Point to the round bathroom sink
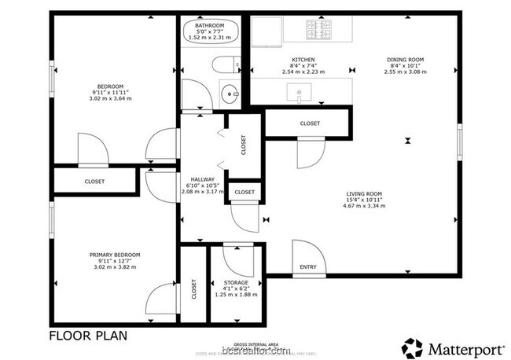click(229, 93)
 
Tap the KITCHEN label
click(303, 60)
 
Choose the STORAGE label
click(236, 282)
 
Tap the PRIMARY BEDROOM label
click(115, 255)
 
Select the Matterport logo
click(453, 346)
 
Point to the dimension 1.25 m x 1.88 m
click(236, 295)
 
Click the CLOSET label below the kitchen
click(310, 123)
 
